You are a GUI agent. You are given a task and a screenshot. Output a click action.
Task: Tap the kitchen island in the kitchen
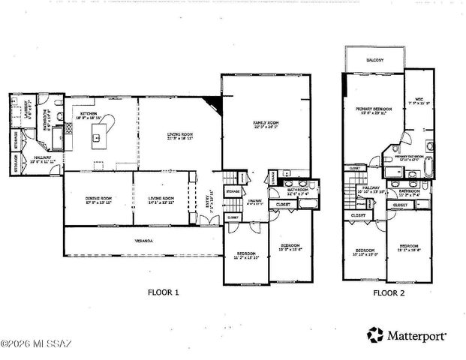click(97, 136)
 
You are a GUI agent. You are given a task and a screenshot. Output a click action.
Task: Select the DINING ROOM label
click(98, 199)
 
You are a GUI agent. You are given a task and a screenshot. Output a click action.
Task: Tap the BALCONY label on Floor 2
click(375, 59)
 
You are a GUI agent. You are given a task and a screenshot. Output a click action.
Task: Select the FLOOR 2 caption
click(389, 292)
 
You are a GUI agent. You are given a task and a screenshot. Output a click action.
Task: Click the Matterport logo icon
click(377, 334)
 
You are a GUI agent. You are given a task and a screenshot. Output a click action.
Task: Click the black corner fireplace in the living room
click(215, 104)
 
